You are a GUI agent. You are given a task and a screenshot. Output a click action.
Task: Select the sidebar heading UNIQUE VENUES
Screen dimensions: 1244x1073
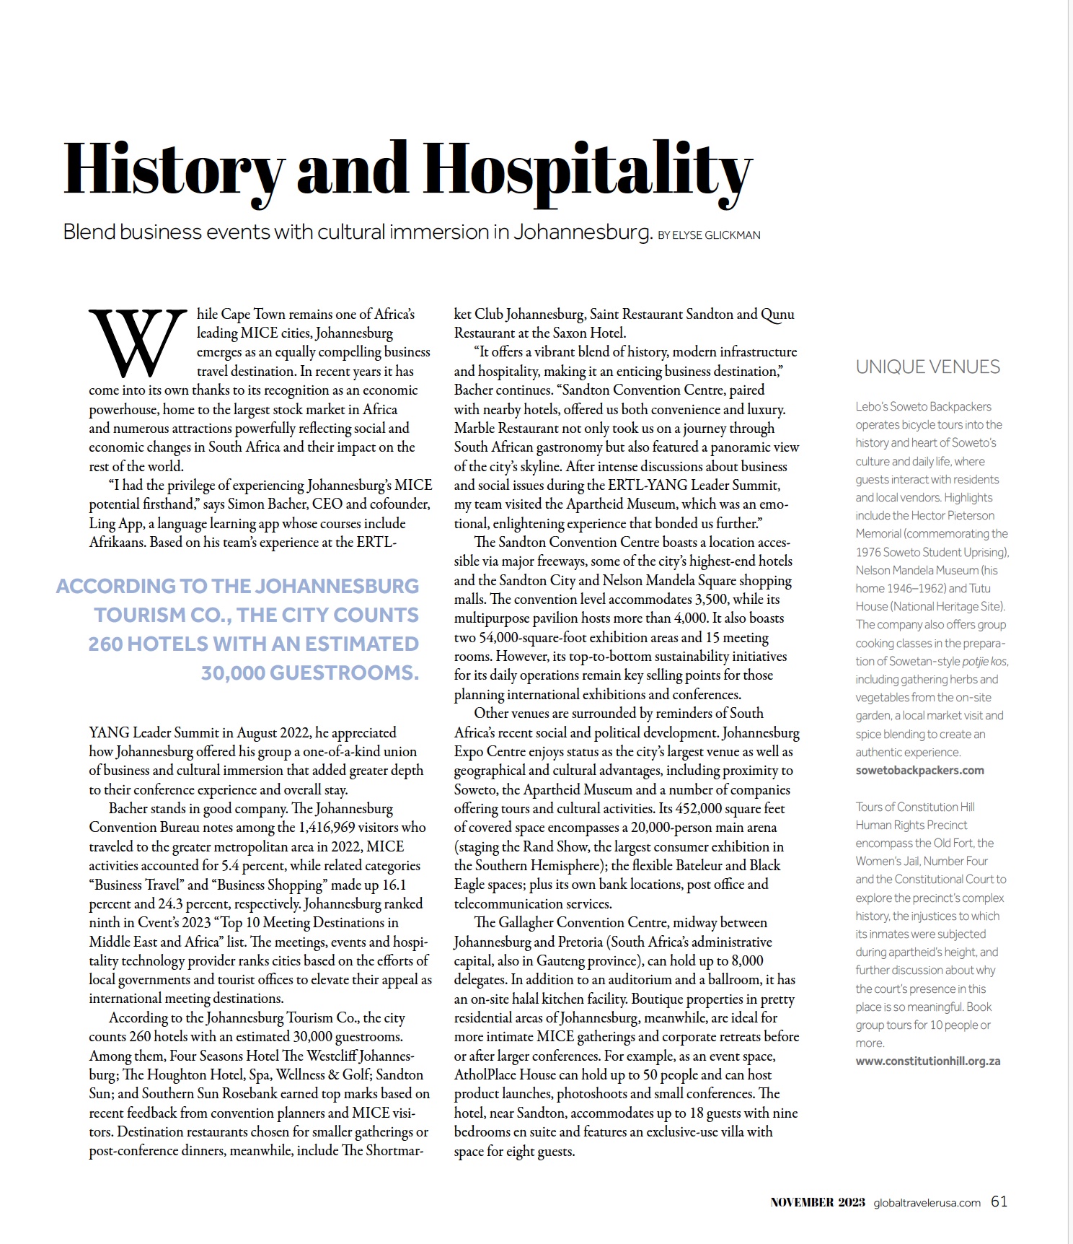927,367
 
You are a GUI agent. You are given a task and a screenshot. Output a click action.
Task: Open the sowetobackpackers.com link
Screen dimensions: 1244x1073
919,771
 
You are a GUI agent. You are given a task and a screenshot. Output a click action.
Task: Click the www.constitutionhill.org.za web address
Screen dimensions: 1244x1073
927,1061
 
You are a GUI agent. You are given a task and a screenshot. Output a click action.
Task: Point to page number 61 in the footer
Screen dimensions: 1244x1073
999,1201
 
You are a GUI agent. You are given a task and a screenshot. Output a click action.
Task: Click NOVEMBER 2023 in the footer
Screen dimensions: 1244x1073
817,1202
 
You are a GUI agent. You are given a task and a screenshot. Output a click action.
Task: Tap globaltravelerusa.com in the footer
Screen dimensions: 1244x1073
927,1203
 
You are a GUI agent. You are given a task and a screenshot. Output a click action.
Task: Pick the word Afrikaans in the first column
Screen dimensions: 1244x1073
118,543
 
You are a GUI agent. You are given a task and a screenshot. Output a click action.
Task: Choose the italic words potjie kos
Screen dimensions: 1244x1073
984,662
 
